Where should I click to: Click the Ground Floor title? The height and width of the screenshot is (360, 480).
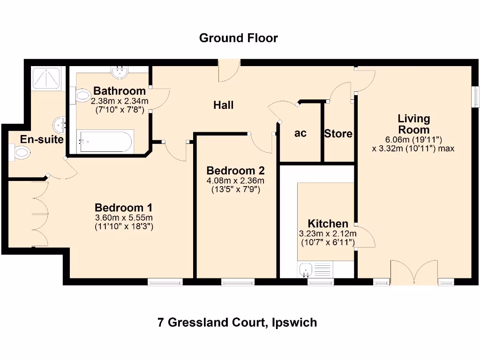[x=238, y=38]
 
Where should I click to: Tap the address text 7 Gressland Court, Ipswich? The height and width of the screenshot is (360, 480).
[x=237, y=322]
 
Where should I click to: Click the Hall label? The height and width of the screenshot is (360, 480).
[x=223, y=105]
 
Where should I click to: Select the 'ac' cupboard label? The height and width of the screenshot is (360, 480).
[x=300, y=133]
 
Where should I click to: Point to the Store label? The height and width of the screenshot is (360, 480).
[x=338, y=134]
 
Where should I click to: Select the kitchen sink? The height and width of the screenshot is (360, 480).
[x=306, y=270]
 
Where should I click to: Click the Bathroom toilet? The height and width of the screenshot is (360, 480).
[x=82, y=96]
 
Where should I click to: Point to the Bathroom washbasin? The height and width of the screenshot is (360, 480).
[x=120, y=72]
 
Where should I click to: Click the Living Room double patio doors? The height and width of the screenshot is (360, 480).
[x=414, y=274]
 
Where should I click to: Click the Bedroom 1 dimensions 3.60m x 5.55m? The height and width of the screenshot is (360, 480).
[x=123, y=217]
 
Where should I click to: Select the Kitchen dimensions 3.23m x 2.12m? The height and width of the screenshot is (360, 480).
[x=328, y=234]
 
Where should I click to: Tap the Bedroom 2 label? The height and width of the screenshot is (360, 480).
[x=235, y=170]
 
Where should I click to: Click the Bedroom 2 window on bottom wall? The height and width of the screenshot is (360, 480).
[x=238, y=282]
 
